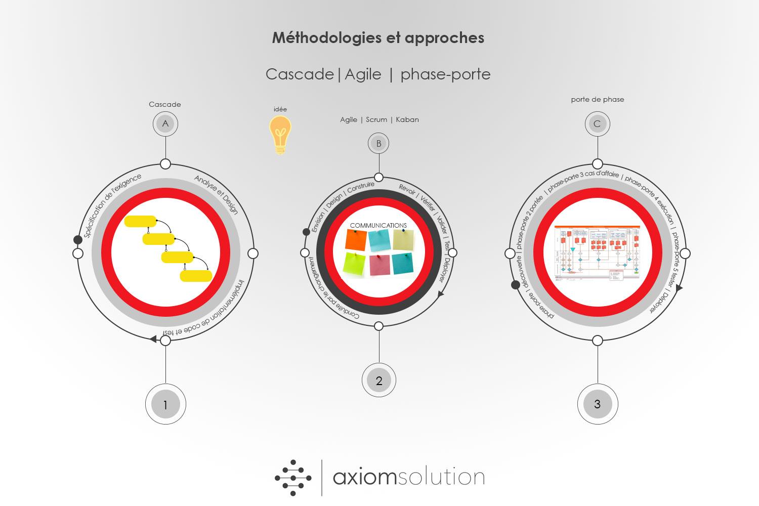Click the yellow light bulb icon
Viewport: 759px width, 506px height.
click(280, 134)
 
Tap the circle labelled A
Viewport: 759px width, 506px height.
click(165, 123)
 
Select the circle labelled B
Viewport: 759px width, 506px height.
click(378, 143)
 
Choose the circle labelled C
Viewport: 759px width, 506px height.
click(597, 124)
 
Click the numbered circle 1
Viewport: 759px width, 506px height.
click(165, 404)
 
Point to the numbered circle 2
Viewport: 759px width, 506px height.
click(378, 381)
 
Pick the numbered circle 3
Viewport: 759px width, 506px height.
click(597, 404)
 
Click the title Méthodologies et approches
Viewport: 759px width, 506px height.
click(378, 38)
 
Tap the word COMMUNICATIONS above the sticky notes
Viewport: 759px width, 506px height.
click(378, 226)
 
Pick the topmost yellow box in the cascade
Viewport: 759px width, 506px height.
click(140, 221)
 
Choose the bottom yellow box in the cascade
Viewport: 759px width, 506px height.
click(196, 276)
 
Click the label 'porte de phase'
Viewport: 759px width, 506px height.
click(597, 100)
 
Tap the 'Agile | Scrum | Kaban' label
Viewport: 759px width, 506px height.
click(379, 120)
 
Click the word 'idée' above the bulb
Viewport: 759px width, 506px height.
click(280, 109)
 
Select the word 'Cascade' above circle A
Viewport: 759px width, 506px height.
click(164, 105)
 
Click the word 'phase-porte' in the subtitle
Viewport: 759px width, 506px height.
click(445, 74)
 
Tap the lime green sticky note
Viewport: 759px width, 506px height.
click(354, 264)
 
